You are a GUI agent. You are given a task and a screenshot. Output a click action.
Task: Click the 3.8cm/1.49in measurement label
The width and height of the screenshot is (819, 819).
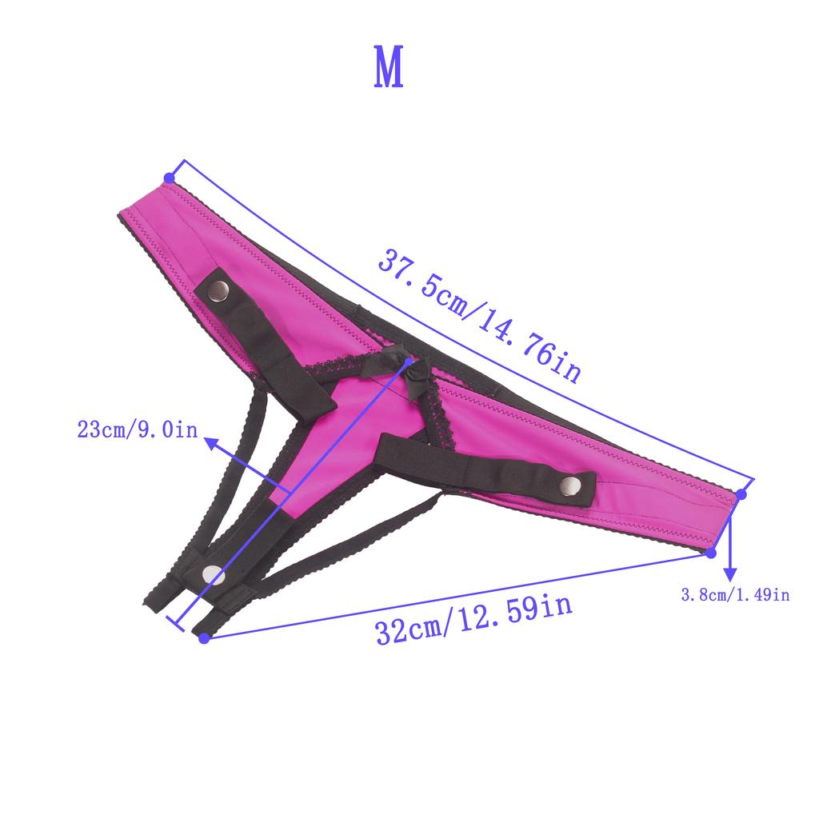734,594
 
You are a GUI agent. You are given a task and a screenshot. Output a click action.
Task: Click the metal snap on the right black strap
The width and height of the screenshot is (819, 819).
570,485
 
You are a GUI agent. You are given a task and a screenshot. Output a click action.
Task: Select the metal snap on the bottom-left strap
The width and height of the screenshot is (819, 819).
213,573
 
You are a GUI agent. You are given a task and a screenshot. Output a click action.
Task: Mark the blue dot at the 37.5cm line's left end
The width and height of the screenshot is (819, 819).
169,177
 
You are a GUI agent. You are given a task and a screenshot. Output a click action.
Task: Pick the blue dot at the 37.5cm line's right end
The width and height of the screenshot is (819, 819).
741,494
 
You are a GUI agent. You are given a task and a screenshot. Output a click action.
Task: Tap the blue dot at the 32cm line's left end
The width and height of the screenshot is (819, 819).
203,637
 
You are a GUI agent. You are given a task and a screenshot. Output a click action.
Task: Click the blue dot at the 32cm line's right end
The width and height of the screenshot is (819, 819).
711,553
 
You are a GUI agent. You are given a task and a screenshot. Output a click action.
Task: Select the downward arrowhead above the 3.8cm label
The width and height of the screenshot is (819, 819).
729,574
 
